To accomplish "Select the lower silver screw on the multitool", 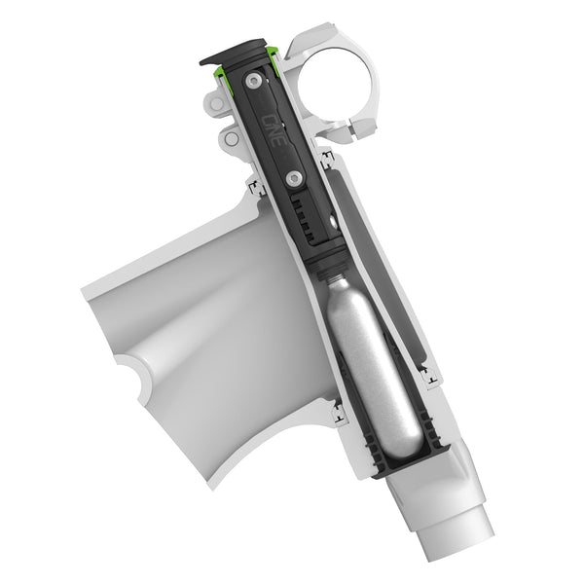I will (x=292, y=177).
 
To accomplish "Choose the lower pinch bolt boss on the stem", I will (x=231, y=138).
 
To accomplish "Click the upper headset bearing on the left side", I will (x=256, y=187).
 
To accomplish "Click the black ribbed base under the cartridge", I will (x=409, y=458).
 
